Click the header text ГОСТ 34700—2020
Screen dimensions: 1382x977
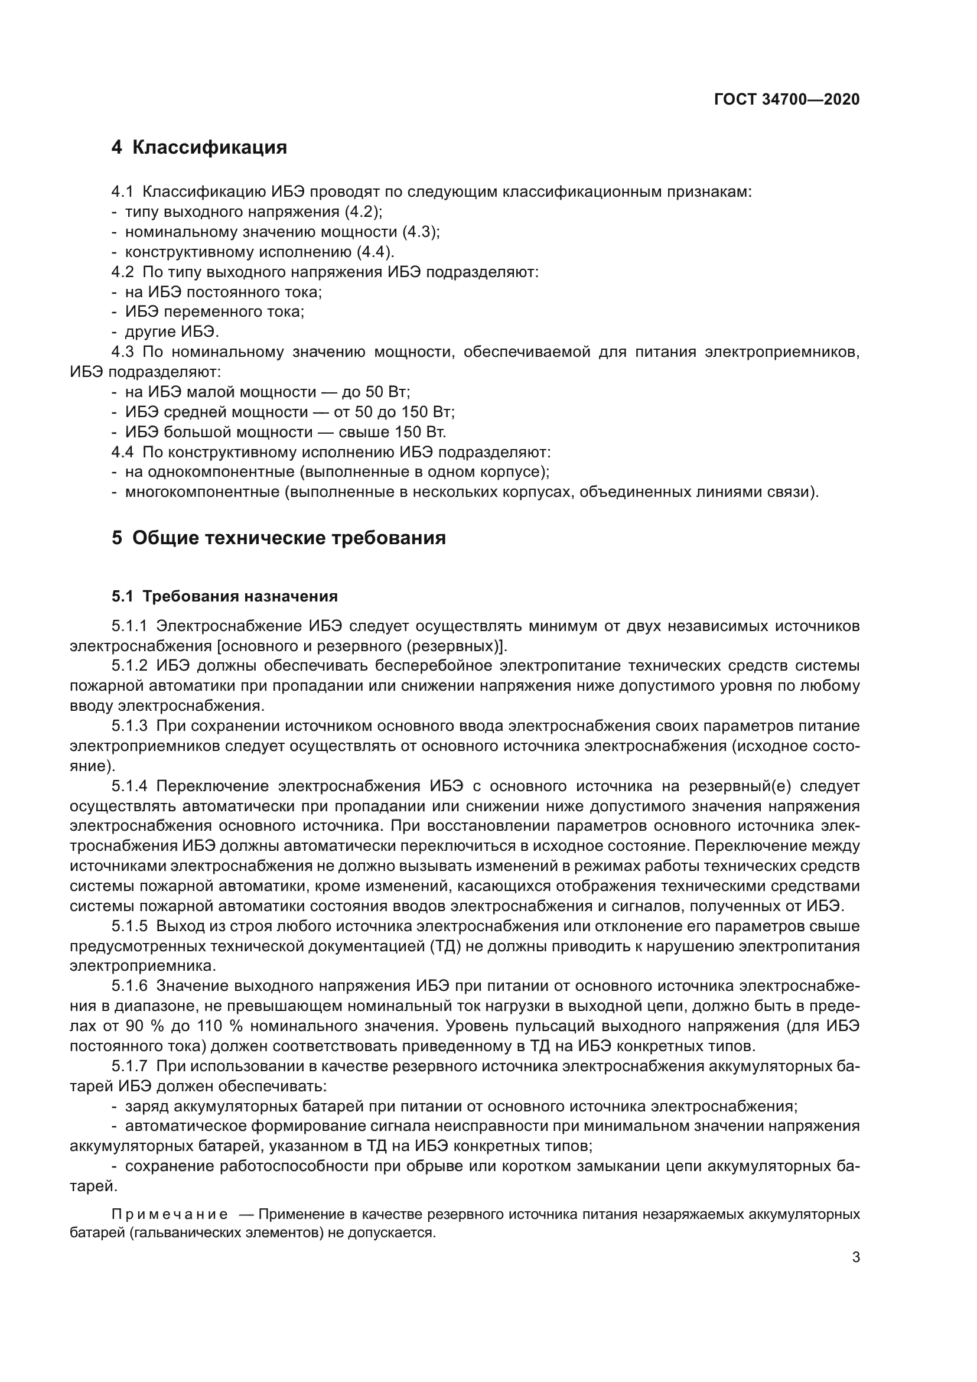[786, 99]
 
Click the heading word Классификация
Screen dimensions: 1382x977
[209, 148]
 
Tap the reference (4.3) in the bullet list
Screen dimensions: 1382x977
[421, 232]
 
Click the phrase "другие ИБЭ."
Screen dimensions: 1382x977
[172, 331]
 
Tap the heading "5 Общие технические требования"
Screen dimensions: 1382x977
[279, 538]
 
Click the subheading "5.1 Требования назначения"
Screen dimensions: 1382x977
[224, 597]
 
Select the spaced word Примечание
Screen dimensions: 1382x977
[170, 1214]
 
